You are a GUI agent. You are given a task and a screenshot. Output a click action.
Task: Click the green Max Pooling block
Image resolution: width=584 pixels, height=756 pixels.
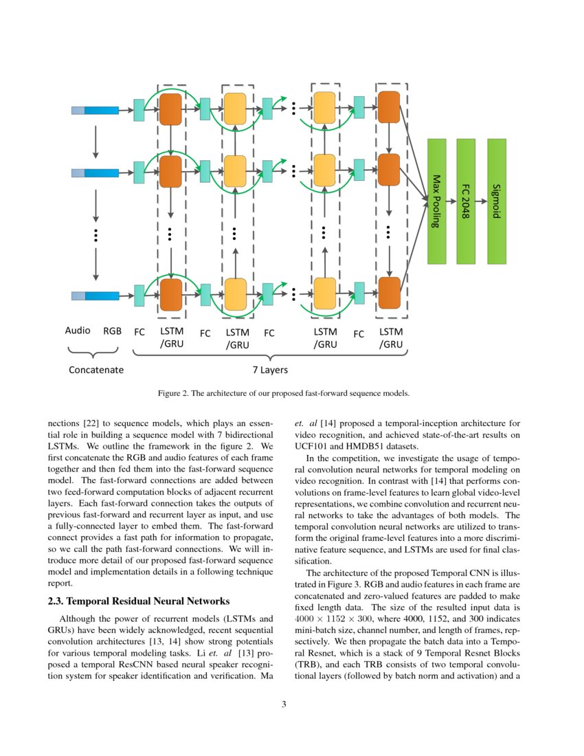[x=437, y=201]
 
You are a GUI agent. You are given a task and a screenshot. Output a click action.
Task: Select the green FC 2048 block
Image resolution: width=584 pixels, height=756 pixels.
[x=466, y=201]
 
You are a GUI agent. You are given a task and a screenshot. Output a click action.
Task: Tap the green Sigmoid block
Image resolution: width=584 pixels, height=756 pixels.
[x=497, y=201]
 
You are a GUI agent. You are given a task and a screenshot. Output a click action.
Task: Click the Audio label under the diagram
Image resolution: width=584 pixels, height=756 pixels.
[x=78, y=331]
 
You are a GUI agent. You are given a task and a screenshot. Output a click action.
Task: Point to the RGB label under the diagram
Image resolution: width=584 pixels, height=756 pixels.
[x=112, y=331]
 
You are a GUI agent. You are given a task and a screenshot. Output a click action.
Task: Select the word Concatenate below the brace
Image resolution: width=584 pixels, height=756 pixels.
[x=96, y=370]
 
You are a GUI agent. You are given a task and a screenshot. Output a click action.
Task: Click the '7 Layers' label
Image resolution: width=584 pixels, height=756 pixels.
[x=269, y=370]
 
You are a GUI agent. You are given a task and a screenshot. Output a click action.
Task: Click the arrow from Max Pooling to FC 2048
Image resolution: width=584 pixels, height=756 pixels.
[x=451, y=201]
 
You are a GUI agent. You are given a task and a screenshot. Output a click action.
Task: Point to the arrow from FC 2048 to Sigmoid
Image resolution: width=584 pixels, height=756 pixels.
[x=481, y=201]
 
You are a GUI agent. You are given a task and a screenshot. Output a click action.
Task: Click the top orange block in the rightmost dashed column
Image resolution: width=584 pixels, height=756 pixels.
[x=389, y=108]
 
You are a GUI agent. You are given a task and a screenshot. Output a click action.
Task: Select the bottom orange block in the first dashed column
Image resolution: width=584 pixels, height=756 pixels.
[x=170, y=295]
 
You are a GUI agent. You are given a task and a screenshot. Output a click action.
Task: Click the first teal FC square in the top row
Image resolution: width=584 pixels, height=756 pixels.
[x=139, y=110]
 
